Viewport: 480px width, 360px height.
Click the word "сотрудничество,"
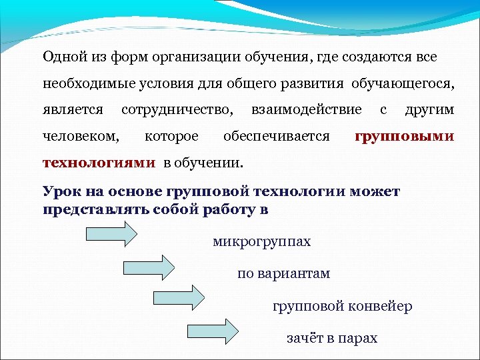[x=178, y=109]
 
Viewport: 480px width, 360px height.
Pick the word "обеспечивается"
[x=277, y=137]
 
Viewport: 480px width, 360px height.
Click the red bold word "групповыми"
[x=404, y=137]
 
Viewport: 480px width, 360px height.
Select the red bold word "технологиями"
[x=99, y=163]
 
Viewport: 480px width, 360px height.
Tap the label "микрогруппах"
[x=262, y=241]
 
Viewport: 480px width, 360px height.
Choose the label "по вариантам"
[x=284, y=273]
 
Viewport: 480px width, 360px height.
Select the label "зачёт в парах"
[x=332, y=338]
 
